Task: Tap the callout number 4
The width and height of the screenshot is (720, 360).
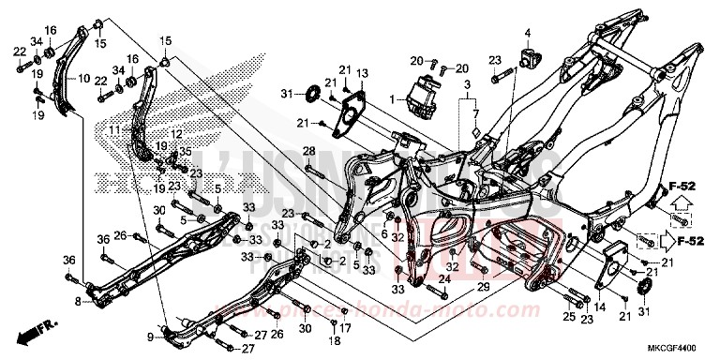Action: pos(527,34)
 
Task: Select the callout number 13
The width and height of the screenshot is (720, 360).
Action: pos(363,73)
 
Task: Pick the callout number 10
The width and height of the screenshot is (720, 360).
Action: pos(84,79)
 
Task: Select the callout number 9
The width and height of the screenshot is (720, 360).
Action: pos(150,335)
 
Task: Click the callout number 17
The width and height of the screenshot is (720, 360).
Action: pos(345,327)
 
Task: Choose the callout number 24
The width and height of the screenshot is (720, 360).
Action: pos(444,279)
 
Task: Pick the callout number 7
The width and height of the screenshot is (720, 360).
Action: pos(476,114)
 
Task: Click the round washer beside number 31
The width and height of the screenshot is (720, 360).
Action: pos(307,94)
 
